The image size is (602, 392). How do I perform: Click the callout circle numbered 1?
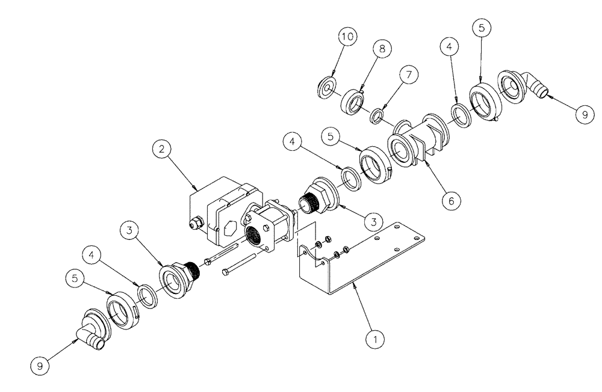(376, 339)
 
